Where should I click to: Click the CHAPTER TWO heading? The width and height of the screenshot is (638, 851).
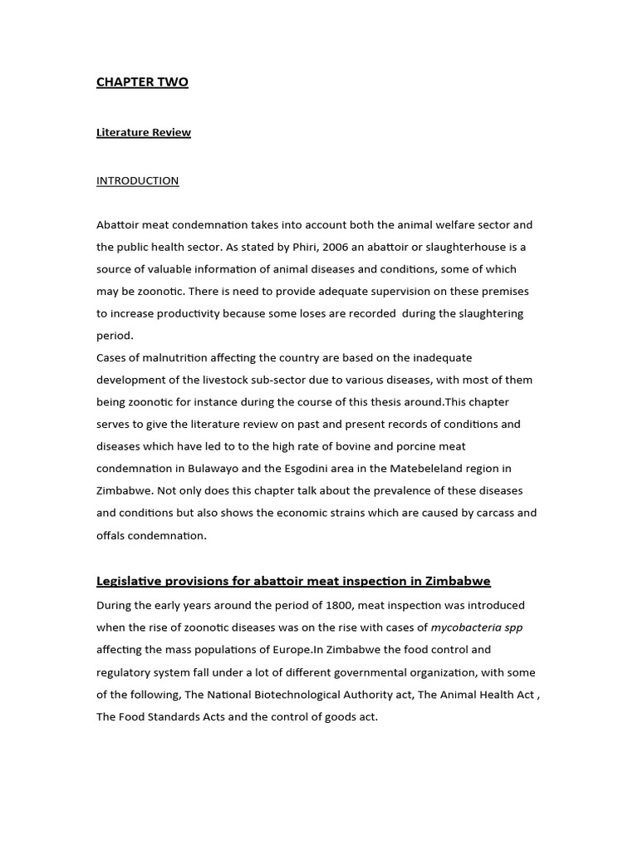[142, 82]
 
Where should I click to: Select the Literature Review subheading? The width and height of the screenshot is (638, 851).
[144, 132]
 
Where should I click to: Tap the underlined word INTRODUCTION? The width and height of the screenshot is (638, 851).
[137, 180]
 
